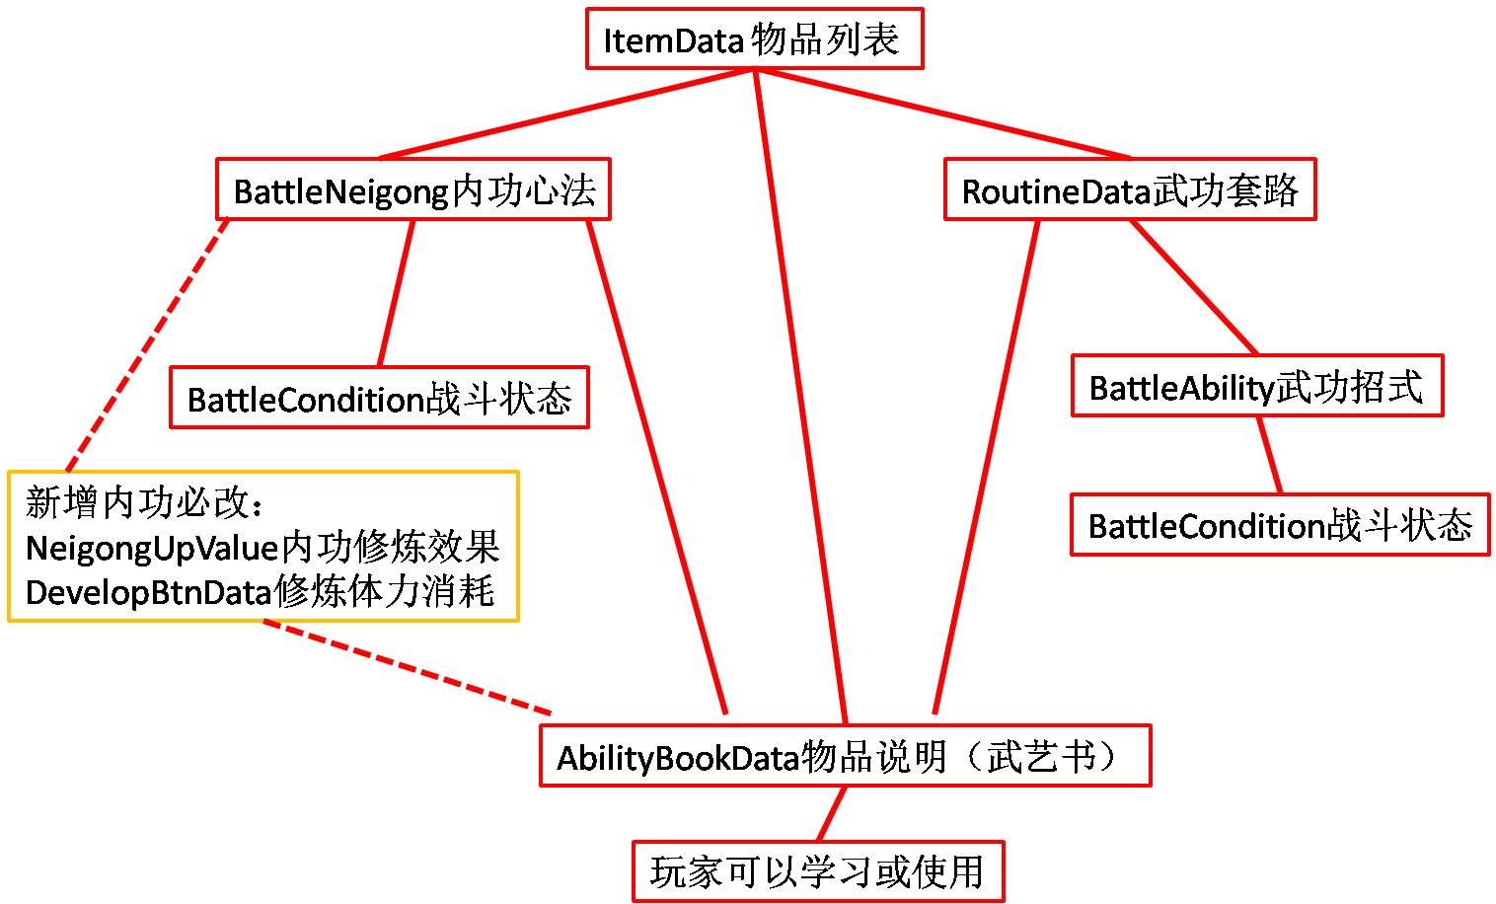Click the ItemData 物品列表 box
coord(754,39)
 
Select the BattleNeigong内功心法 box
coord(413,189)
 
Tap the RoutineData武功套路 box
coord(1130,189)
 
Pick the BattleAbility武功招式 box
coord(1256,386)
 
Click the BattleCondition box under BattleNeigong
coord(379,399)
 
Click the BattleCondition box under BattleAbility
coord(1279,525)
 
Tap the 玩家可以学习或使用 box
coord(817,871)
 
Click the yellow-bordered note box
coord(262,547)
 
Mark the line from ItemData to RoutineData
coord(942,113)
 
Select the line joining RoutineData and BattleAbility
coord(1194,287)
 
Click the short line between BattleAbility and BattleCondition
coord(1269,455)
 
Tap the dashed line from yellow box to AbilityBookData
coord(405,666)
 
